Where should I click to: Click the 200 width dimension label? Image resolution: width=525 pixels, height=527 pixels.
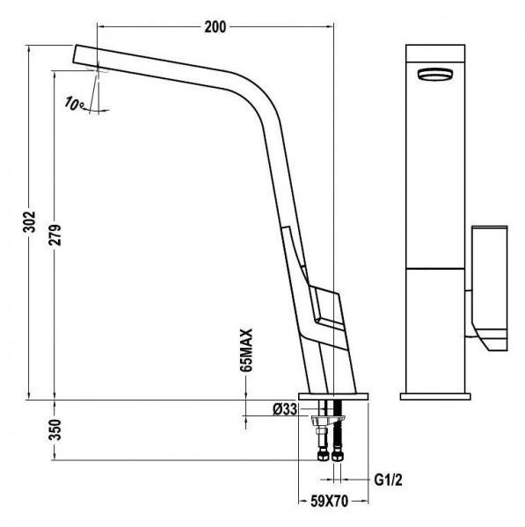pos(215,27)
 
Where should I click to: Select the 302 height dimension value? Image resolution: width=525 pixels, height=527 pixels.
pos(29,221)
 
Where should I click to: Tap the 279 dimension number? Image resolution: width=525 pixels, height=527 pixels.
pos(55,235)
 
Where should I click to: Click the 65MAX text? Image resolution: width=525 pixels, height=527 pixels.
pos(246,350)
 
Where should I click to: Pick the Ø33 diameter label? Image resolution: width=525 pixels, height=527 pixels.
pos(285,409)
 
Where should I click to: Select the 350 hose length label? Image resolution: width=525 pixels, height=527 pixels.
pos(55,430)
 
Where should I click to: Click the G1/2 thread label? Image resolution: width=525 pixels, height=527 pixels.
pos(388,480)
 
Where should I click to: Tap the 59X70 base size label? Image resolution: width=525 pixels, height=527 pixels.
pos(329,502)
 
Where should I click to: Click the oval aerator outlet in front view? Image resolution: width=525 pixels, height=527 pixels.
pos(435,74)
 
